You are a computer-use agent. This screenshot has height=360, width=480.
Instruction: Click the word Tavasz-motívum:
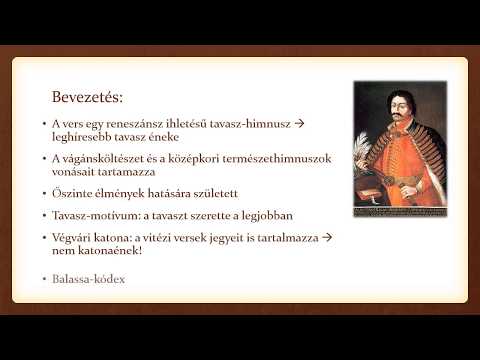pyautogui.click(x=99, y=215)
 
